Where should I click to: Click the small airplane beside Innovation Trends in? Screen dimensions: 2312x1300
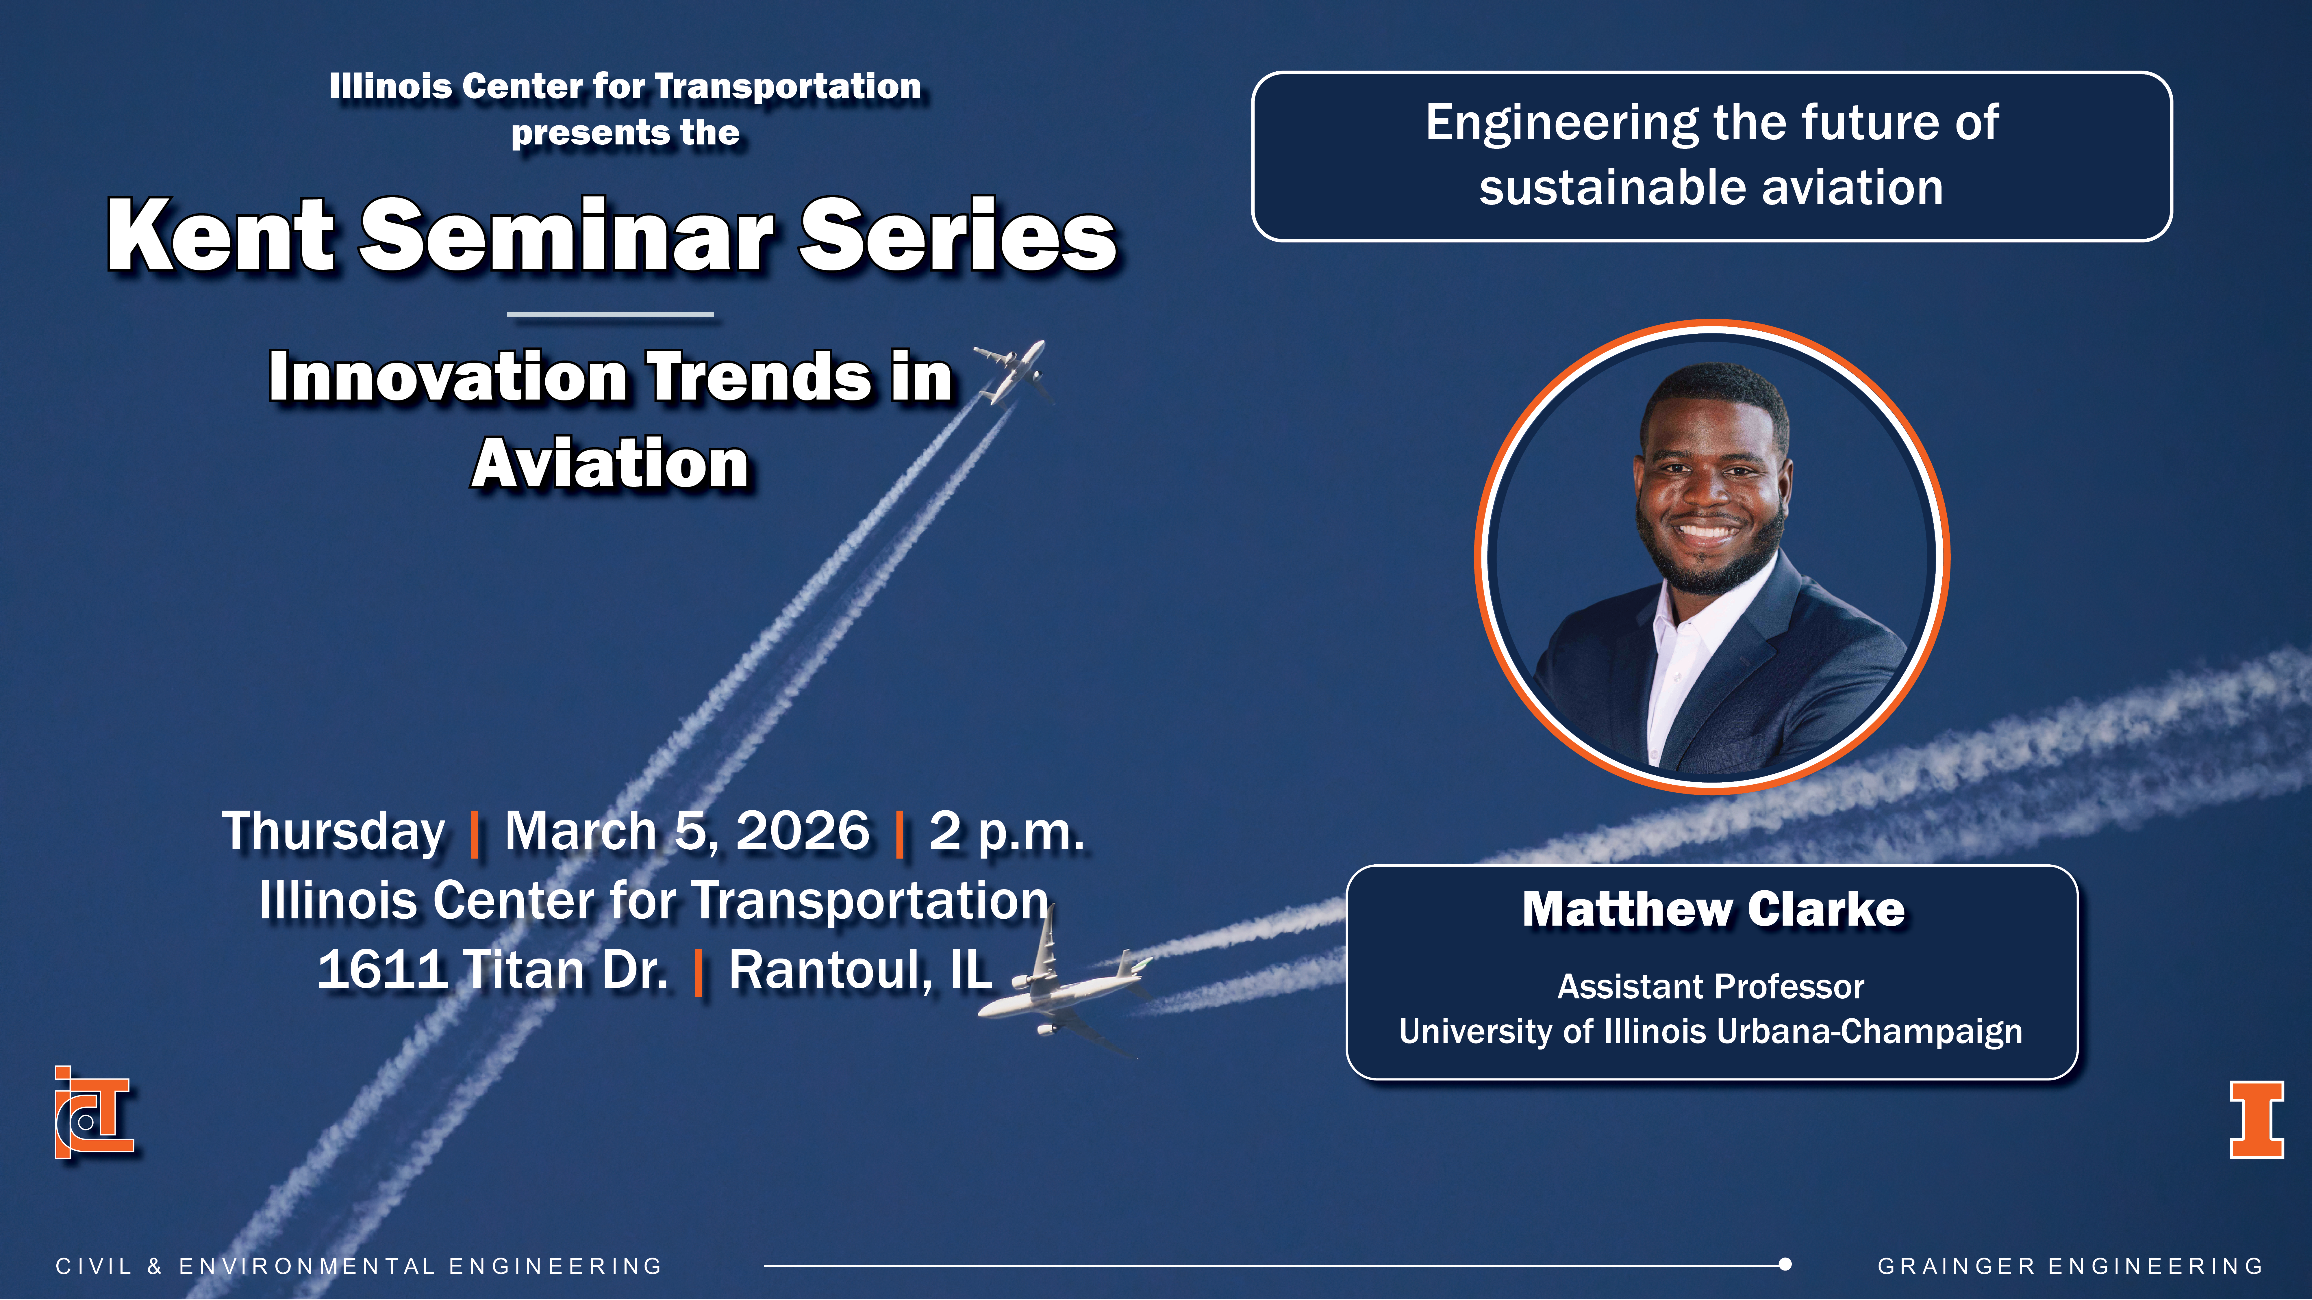pyautogui.click(x=1012, y=372)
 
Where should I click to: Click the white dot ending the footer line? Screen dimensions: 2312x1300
pyautogui.click(x=1785, y=1265)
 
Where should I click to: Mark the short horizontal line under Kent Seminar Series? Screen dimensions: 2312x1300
pyautogui.click(x=610, y=314)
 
